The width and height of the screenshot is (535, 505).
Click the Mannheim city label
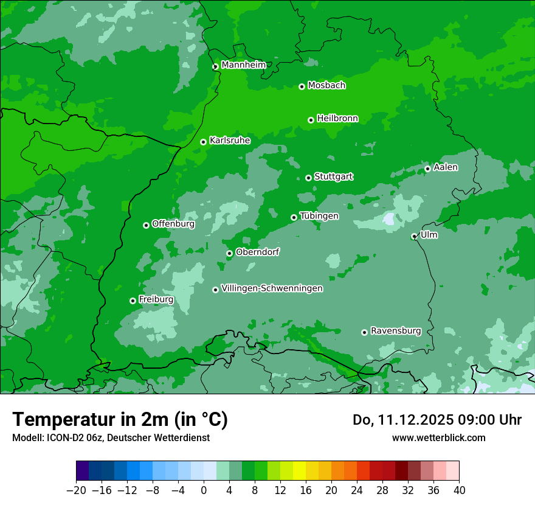pyautogui.click(x=243, y=65)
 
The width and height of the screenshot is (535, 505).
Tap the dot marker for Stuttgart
pyautogui.click(x=309, y=178)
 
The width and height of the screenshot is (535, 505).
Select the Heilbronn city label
pyautogui.click(x=337, y=119)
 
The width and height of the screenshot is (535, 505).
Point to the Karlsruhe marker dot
pyautogui.click(x=204, y=142)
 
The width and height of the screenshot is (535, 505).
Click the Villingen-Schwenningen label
pyautogui.click(x=272, y=288)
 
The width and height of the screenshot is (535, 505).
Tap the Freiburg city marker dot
pyautogui.click(x=133, y=301)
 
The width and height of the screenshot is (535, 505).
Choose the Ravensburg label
pyautogui.click(x=396, y=331)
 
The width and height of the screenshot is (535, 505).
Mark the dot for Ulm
pyautogui.click(x=414, y=236)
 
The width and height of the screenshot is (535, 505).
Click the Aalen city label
pyautogui.click(x=446, y=167)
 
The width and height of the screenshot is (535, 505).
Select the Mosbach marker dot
pyautogui.click(x=302, y=87)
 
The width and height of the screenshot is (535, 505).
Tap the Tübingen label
pyautogui.click(x=319, y=216)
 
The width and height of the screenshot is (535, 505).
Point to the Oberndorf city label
pyautogui.click(x=257, y=252)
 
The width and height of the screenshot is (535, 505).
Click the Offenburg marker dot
pyautogui.click(x=146, y=225)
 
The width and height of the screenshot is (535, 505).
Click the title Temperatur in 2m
pyautogui.click(x=120, y=420)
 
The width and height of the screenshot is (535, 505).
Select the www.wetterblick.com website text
pyautogui.click(x=438, y=437)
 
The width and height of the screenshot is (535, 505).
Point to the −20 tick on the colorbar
pyautogui.click(x=76, y=490)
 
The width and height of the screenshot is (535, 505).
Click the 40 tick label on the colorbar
pyautogui.click(x=459, y=490)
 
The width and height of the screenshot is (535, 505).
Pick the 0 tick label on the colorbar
pyautogui.click(x=204, y=490)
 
